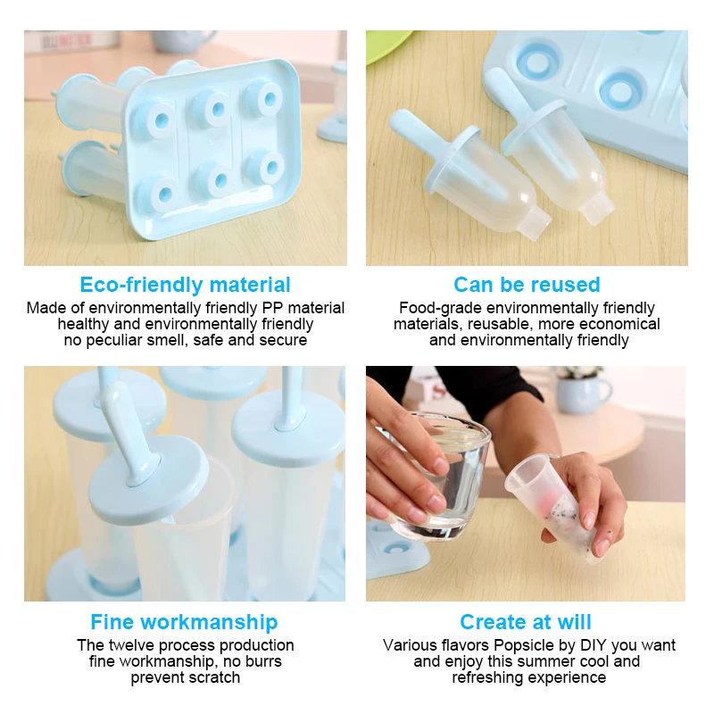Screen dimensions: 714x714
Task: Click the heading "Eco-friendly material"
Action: [185, 285]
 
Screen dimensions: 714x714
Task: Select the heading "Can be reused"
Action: [527, 285]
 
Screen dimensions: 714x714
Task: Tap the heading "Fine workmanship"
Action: [184, 622]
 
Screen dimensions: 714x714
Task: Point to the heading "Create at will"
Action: [526, 622]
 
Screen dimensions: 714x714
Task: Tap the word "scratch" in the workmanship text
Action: [214, 677]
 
